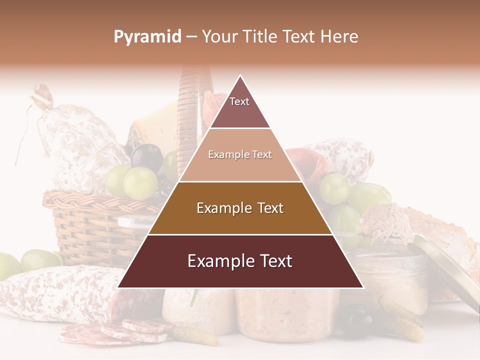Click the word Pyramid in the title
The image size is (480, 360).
147,37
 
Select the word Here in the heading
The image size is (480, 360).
339,36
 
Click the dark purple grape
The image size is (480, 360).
146,157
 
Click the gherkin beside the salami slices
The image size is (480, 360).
195,335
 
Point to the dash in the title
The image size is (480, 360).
191,37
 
